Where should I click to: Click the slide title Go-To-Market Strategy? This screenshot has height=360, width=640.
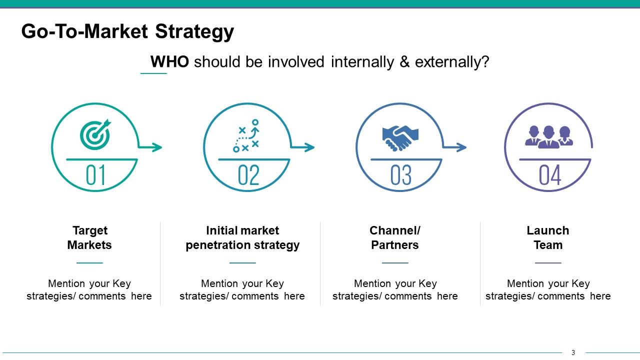click(x=127, y=32)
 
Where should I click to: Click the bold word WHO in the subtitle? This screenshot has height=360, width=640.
click(x=169, y=62)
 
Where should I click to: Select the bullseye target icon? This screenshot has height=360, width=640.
click(x=95, y=134)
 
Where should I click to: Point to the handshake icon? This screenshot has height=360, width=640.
click(x=400, y=137)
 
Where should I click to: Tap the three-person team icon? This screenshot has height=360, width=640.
click(x=548, y=136)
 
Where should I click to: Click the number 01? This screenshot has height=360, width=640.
click(x=95, y=175)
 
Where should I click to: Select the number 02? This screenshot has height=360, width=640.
click(x=248, y=175)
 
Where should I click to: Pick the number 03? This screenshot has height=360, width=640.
click(x=401, y=175)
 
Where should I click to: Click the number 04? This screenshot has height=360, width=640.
click(x=550, y=175)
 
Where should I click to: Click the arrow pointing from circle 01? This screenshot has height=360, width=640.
click(x=151, y=147)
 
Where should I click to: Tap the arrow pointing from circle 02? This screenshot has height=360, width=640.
click(x=303, y=147)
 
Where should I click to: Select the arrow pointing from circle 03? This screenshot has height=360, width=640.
click(x=455, y=147)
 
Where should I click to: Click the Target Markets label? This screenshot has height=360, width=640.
click(x=89, y=237)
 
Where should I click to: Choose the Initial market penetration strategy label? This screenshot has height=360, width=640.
click(x=242, y=237)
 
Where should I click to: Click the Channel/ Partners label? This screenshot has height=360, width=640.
click(x=395, y=237)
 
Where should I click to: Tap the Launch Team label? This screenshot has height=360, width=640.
click(x=548, y=237)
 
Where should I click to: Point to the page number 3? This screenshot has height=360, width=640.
click(x=573, y=352)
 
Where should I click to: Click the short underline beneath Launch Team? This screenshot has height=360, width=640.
click(x=548, y=262)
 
